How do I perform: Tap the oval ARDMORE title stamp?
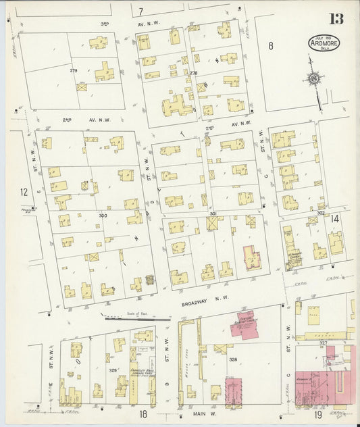click(324, 43)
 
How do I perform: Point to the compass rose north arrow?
click(314, 80)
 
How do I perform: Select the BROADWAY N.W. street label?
click(206, 297)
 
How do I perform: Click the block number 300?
click(103, 216)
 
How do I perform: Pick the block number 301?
click(213, 214)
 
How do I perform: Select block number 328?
click(232, 360)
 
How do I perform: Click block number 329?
click(112, 370)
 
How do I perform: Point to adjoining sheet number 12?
click(24, 193)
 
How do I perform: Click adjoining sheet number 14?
click(335, 218)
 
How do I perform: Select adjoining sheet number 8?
click(270, 46)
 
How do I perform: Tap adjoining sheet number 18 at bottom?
click(143, 414)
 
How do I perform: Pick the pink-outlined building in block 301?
click(252, 258)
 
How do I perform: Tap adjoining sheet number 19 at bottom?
click(317, 414)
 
